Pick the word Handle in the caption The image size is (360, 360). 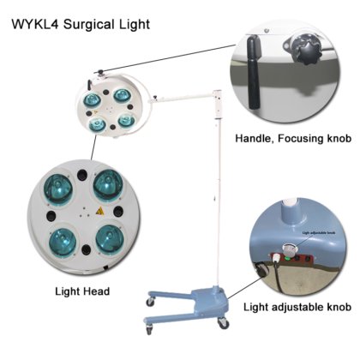(x=255, y=138)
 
